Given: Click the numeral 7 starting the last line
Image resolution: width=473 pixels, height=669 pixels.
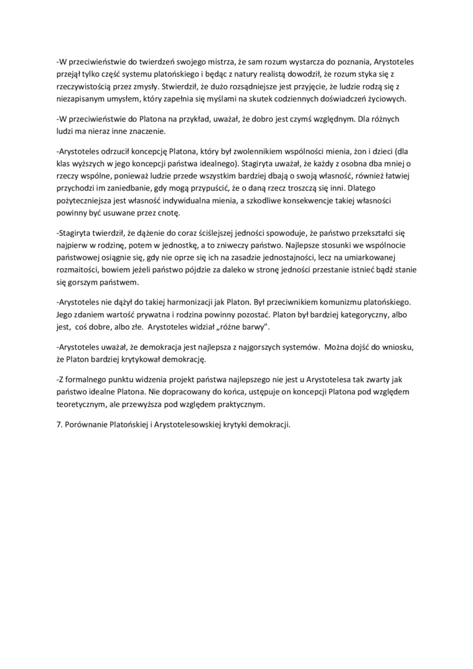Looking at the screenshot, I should pyautogui.click(x=58, y=426).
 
